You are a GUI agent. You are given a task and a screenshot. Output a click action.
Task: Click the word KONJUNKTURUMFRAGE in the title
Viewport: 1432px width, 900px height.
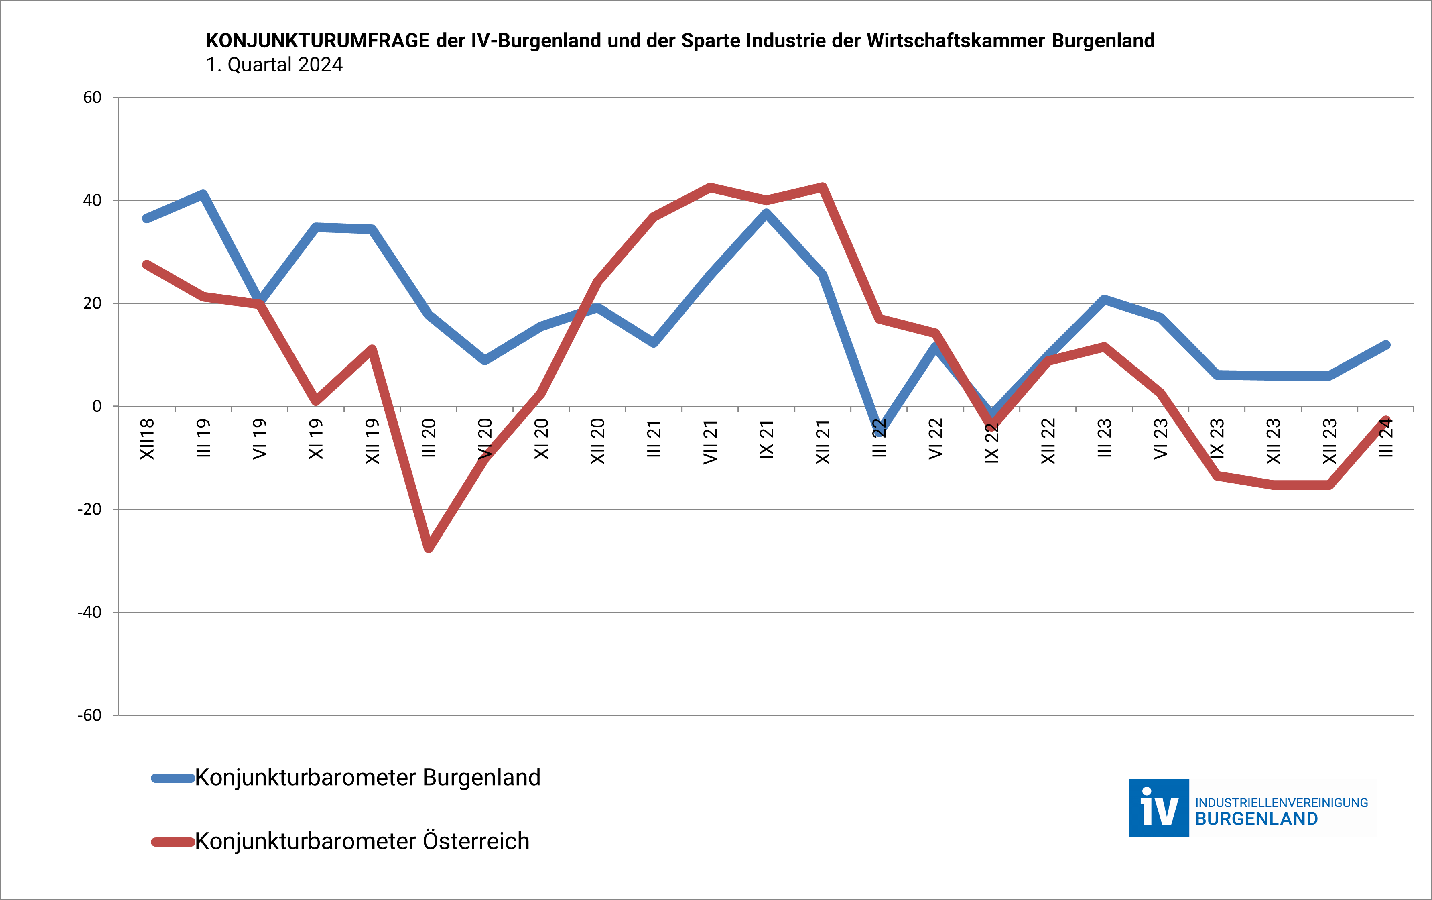click(x=317, y=41)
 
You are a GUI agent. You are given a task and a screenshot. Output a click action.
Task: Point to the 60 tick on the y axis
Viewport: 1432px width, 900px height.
click(x=92, y=98)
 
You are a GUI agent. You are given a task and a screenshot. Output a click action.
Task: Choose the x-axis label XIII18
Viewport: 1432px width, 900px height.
click(x=147, y=440)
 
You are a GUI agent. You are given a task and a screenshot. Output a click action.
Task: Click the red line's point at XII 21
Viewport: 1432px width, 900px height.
click(x=823, y=187)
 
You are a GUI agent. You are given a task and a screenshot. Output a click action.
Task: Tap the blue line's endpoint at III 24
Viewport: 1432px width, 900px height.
click(x=1385, y=345)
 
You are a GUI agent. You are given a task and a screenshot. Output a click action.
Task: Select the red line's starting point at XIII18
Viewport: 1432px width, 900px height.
click(x=147, y=265)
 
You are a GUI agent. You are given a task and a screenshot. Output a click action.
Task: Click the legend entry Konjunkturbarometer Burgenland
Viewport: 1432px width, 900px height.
click(x=368, y=778)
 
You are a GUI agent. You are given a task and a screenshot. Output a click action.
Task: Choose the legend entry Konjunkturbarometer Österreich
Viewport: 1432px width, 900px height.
click(x=362, y=841)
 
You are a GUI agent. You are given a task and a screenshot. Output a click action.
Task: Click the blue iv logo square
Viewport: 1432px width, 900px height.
click(x=1158, y=808)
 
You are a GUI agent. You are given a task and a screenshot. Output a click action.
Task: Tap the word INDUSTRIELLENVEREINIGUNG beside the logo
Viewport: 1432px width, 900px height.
click(x=1282, y=803)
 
